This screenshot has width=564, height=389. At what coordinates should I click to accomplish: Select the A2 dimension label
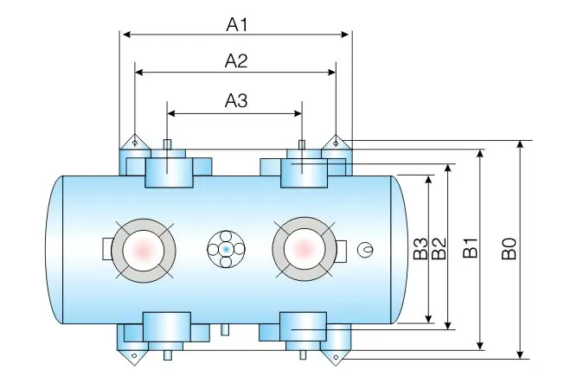[236, 61]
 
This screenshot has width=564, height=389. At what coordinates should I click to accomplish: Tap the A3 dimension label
[236, 101]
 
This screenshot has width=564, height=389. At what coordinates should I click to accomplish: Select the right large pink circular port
[303, 249]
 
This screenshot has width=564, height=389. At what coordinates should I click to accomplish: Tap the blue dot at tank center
[226, 249]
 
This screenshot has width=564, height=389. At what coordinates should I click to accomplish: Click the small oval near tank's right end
[368, 250]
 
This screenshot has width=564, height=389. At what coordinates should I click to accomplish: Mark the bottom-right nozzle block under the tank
[304, 329]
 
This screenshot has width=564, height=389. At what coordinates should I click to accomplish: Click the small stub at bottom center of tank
[226, 329]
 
